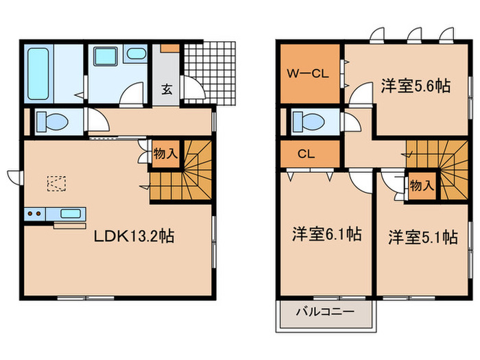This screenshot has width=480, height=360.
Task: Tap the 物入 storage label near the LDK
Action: pos(165,154)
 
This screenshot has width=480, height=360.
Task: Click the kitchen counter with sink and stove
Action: pos(56,214)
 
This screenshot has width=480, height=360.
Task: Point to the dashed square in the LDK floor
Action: pos(57,183)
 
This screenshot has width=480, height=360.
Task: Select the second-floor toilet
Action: pos(309,121)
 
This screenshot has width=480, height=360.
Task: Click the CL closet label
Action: pos(305,154)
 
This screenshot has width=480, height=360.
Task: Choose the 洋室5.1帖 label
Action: pos(422,237)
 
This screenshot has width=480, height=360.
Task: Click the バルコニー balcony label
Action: pos(325,312)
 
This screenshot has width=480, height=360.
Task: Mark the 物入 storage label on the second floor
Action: pos(421,185)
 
